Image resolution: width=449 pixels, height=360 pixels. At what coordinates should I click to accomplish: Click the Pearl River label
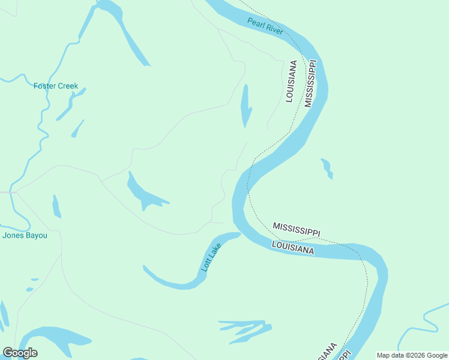(265, 26)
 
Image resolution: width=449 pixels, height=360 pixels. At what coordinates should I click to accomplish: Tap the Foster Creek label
(56, 86)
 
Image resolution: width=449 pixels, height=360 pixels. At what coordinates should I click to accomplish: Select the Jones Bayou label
(25, 235)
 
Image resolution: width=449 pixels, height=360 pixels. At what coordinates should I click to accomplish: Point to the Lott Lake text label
(211, 257)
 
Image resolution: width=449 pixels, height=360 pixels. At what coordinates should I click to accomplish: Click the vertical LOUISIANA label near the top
(291, 81)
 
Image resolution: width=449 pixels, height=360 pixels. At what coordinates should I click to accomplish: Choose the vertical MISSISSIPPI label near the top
(310, 83)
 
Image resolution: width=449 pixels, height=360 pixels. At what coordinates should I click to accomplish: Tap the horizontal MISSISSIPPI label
(297, 229)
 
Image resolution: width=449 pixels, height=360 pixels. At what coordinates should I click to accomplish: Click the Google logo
(20, 353)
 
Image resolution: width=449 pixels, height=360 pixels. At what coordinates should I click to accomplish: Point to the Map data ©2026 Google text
(412, 355)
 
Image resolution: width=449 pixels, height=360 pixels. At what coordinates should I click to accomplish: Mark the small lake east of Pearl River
(327, 168)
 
